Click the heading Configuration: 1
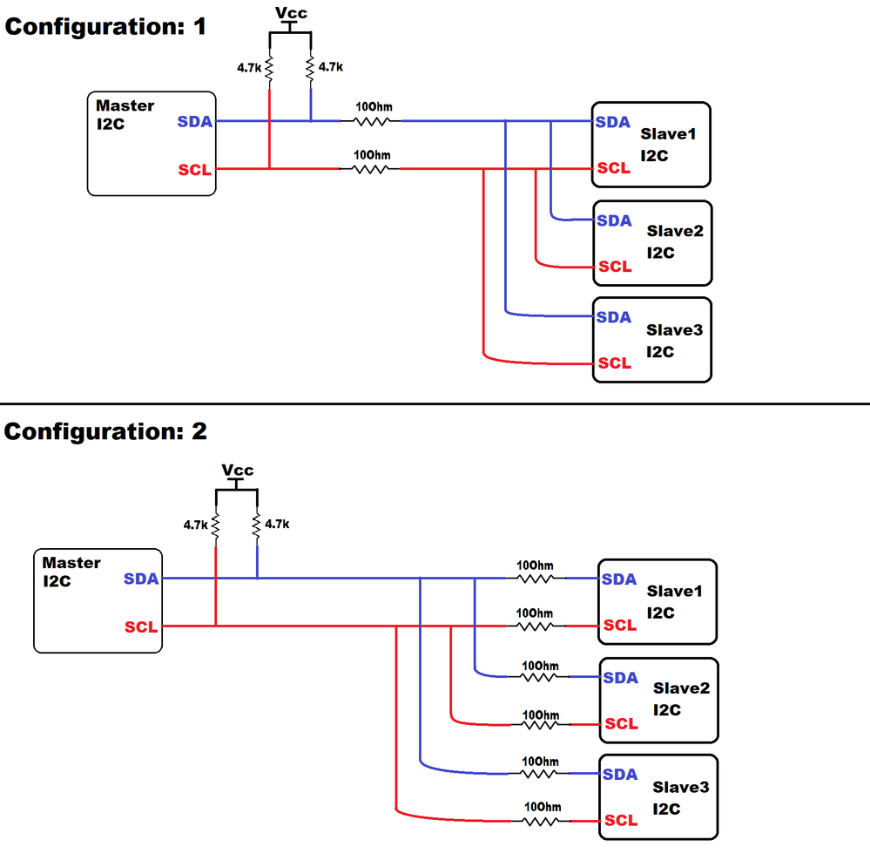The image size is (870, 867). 106,26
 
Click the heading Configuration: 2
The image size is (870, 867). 106,430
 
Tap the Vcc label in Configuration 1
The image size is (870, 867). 290,14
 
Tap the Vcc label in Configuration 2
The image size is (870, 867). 237,470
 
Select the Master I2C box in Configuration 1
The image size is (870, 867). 151,143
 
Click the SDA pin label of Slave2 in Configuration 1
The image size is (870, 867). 613,220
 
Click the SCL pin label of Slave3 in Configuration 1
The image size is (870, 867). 614,362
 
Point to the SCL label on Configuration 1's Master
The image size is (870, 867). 194,170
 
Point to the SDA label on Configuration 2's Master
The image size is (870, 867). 141,578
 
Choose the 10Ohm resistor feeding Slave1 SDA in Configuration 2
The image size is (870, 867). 535,578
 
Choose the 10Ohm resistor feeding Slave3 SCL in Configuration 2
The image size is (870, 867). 540,820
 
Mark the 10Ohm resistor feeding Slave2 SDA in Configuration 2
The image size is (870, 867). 539,676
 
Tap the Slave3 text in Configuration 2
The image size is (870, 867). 681,787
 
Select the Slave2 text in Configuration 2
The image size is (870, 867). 681,688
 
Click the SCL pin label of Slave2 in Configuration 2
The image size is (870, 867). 621,723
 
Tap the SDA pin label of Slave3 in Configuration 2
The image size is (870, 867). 620,774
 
